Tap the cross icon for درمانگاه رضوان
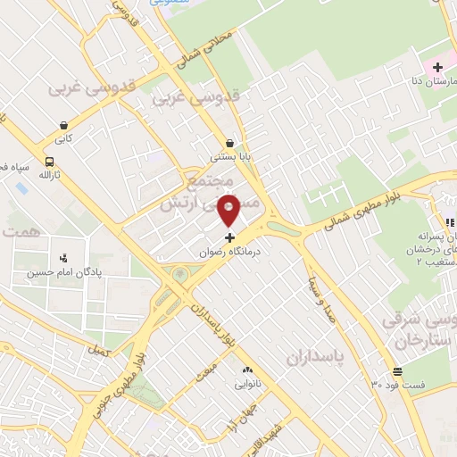click(229, 237)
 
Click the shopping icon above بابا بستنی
click(230, 143)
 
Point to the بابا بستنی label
click(230, 157)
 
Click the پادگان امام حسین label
click(62, 273)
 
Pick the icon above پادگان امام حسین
click(62, 259)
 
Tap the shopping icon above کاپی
click(64, 126)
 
